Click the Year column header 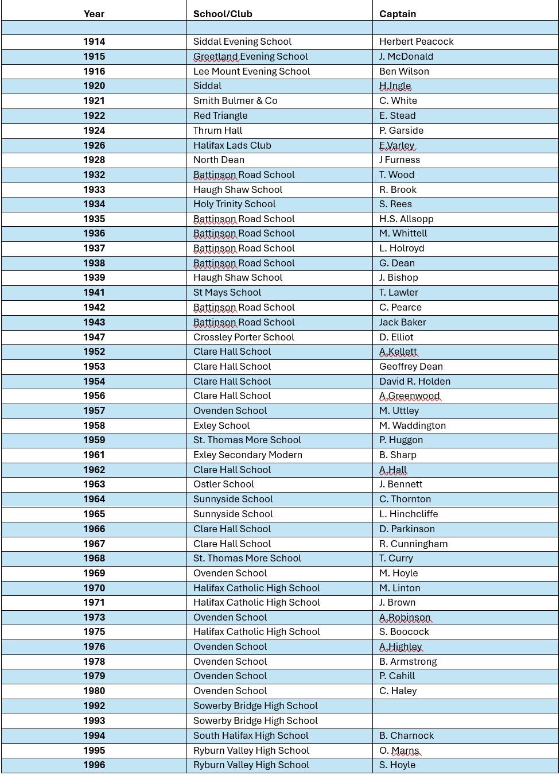coord(94,14)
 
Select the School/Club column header coord(223,14)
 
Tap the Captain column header coord(398,14)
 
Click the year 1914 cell coord(94,41)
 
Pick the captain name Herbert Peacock coord(416,41)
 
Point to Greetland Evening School coord(250,56)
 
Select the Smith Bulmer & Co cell coord(235,100)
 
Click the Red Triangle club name coord(220,115)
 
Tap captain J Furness coord(399,160)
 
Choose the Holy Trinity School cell coord(234,204)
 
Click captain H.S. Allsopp coord(406,219)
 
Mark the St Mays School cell coord(227,292)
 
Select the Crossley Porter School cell coord(243,337)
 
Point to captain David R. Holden coord(414,381)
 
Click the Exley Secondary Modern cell coord(247,455)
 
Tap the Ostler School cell coord(223,484)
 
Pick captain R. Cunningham coord(413,544)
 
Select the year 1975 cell coord(94,631)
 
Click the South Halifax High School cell coord(251,735)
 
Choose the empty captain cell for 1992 coord(465,706)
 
